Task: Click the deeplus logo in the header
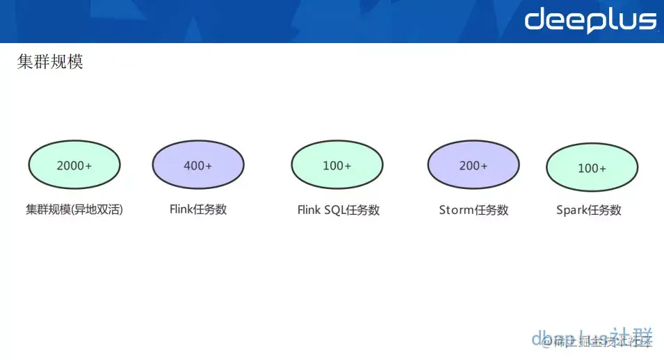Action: click(590, 20)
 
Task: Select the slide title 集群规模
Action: click(50, 63)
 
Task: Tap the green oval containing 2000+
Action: click(74, 165)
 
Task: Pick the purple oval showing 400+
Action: click(198, 165)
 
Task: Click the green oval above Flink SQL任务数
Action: click(337, 165)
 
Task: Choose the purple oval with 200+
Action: click(473, 165)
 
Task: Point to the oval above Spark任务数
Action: click(592, 168)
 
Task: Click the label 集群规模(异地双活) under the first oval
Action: click(74, 209)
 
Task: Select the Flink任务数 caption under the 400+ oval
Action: click(198, 208)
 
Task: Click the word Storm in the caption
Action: click(455, 209)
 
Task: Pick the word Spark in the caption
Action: click(572, 210)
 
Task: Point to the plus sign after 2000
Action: click(88, 165)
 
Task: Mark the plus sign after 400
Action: click(209, 165)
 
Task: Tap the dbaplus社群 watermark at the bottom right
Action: click(593, 338)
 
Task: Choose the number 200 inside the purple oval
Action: click(469, 165)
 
